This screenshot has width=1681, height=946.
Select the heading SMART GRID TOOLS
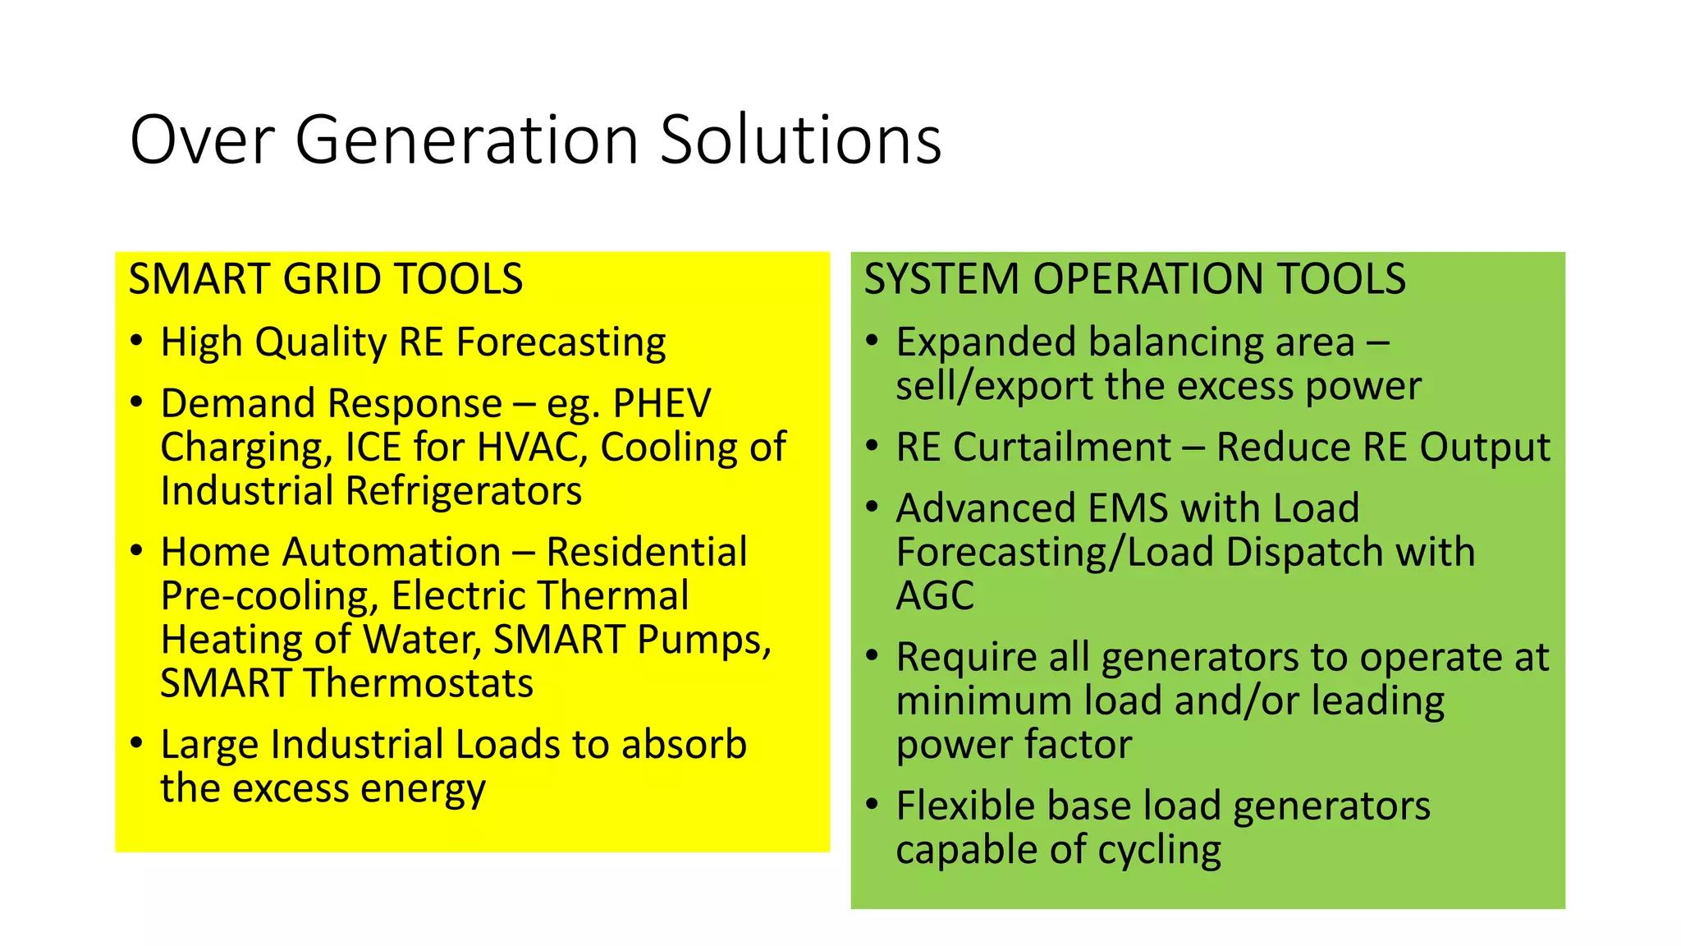[326, 279]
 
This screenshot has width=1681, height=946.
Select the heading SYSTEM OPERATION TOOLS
[1134, 279]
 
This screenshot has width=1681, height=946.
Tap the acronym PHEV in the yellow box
[662, 403]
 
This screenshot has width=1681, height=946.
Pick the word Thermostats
[418, 683]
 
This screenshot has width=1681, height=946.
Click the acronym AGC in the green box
[935, 596]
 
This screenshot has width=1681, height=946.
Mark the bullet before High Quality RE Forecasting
[137, 341]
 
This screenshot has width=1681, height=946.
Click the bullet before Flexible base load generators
[873, 804]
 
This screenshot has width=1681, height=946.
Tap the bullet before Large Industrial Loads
[137, 743]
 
